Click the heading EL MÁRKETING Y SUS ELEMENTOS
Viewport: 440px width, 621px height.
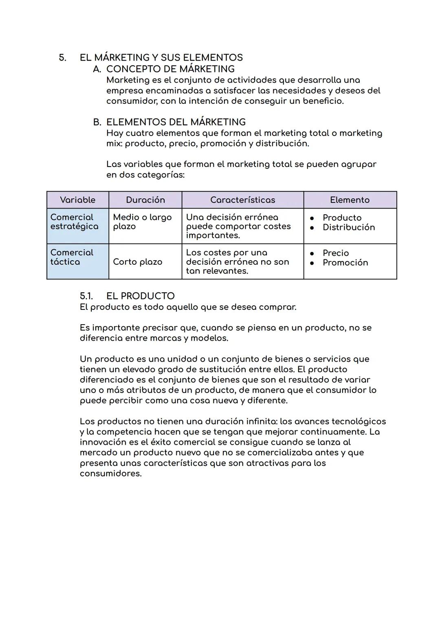161,58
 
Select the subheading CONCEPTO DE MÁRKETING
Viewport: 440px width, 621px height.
170,69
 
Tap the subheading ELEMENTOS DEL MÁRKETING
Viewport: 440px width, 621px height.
176,122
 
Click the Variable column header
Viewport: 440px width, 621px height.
77,200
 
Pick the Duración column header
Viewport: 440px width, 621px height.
145,200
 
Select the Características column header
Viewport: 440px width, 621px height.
242,200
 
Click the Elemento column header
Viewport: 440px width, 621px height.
350,200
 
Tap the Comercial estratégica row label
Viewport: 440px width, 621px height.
74,222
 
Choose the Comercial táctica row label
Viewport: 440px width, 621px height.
72,257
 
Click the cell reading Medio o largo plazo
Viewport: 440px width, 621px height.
142,222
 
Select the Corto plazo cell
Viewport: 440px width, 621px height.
137,262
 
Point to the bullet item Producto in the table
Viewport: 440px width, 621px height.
342,218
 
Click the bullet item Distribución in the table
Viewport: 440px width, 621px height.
348,228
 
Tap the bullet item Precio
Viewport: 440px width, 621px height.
336,253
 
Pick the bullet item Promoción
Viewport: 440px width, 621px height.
345,263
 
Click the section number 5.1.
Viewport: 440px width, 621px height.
86,296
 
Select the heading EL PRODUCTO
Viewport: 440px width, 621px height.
140,296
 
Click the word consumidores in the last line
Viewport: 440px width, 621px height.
110,474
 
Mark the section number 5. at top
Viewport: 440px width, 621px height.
62,58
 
